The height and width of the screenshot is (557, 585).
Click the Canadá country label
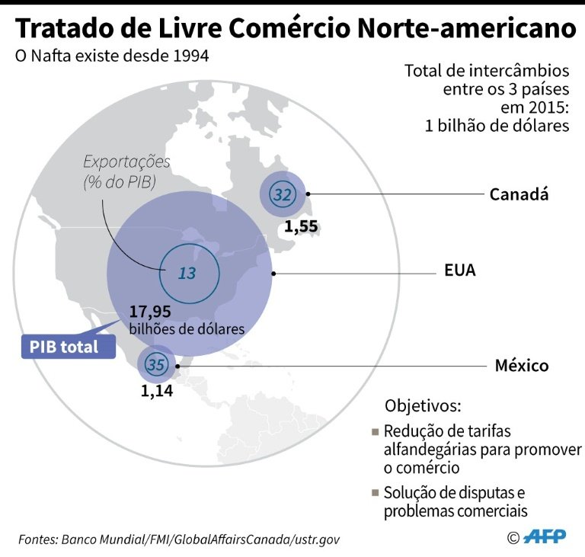[519, 194]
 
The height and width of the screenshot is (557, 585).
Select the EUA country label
[459, 270]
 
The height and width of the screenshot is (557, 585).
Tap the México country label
[522, 366]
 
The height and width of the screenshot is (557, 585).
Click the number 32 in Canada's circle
[283, 194]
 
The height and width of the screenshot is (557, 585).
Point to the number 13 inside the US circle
[187, 274]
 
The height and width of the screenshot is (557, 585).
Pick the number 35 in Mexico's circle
[156, 365]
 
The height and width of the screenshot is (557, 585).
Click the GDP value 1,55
[301, 226]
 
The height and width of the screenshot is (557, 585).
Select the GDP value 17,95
[150, 312]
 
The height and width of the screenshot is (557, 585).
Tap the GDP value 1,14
[157, 391]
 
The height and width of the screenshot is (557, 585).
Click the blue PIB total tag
[69, 347]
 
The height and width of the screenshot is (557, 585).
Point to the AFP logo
[545, 537]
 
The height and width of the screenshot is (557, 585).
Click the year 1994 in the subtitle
[191, 56]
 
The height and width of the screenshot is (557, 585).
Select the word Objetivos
[423, 406]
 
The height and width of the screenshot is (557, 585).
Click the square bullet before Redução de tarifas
[376, 432]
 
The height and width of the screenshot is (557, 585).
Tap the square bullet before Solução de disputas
[376, 493]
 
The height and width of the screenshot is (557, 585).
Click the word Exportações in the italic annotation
[126, 162]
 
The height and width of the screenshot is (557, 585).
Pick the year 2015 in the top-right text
[548, 107]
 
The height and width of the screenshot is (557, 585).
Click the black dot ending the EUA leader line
[273, 274]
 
